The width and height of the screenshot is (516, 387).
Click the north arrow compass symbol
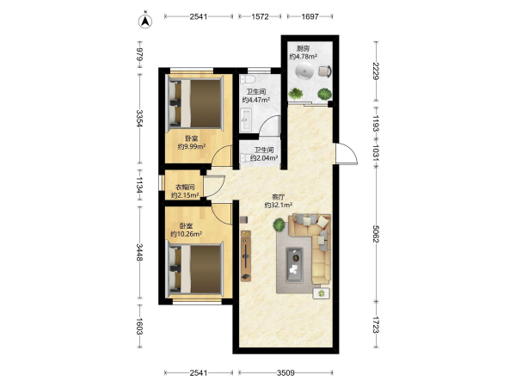[x=145, y=21]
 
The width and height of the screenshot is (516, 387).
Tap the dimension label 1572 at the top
[x=260, y=16]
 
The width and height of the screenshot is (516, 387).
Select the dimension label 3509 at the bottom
[x=286, y=373]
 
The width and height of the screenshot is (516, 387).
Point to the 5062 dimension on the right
[x=376, y=233]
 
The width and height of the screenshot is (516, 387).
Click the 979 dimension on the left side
[x=140, y=54]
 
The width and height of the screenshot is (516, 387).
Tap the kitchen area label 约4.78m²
[x=303, y=57]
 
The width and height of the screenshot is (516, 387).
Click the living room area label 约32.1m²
[x=279, y=206]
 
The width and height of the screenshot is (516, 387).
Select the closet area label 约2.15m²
[x=185, y=195]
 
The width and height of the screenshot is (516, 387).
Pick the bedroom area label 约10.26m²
[x=186, y=234]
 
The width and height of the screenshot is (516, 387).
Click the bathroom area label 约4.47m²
[x=256, y=100]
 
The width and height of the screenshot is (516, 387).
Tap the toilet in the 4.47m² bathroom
[x=248, y=80]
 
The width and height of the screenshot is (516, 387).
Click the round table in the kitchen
[x=304, y=71]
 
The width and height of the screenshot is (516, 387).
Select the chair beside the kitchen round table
[x=325, y=71]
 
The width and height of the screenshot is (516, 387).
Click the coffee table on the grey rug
[x=294, y=265]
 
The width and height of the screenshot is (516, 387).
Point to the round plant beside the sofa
[x=279, y=224]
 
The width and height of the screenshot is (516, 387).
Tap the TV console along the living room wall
[x=246, y=256]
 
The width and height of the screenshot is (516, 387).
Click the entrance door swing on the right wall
[x=347, y=154]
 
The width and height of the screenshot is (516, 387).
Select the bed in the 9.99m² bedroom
[x=196, y=101]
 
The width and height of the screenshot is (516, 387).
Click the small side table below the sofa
[x=321, y=293]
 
